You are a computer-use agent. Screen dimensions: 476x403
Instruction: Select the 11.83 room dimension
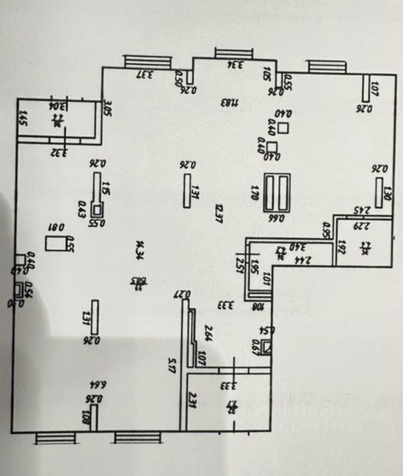tap(230, 103)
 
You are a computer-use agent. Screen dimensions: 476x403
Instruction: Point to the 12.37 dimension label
tap(218, 213)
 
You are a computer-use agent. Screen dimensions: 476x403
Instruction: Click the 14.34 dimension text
tap(139, 246)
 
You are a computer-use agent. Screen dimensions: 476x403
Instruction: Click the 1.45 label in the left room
tap(22, 119)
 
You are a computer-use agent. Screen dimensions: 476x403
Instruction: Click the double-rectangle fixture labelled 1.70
tap(276, 192)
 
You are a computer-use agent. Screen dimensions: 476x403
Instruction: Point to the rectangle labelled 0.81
tap(53, 243)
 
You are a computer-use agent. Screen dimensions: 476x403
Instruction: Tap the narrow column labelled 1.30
tap(379, 193)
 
